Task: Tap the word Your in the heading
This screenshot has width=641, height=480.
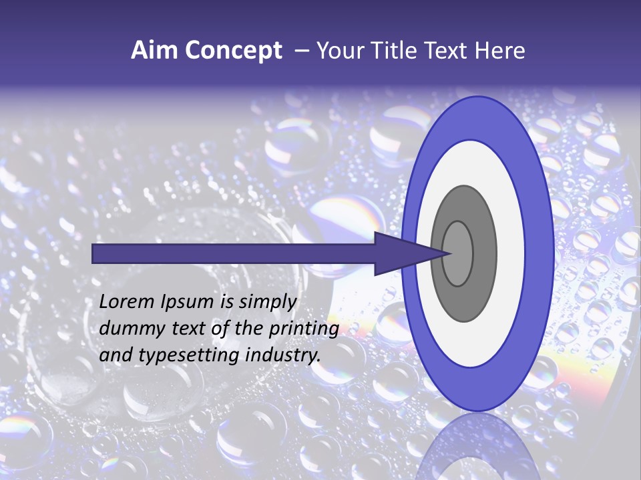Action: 338,51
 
